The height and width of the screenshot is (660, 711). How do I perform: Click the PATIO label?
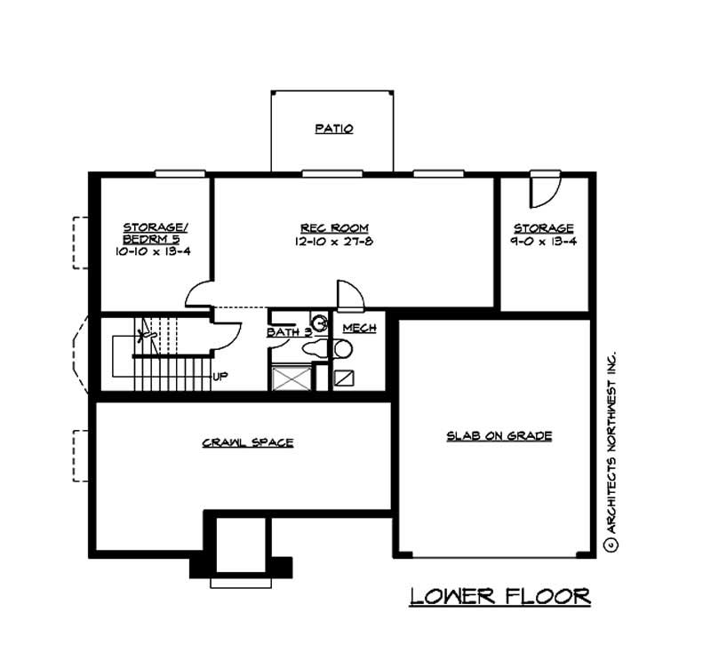[x=334, y=129]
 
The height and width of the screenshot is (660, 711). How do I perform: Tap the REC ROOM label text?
[x=334, y=228]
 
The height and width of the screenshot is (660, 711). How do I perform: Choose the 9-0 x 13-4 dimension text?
[x=544, y=241]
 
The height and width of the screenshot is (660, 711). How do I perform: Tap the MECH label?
[x=359, y=328]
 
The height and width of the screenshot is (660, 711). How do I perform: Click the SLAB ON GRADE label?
[x=499, y=435]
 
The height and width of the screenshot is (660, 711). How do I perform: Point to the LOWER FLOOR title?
[x=499, y=596]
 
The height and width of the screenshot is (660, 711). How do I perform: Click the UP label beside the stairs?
[x=220, y=376]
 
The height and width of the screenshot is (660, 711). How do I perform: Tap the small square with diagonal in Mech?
[x=344, y=378]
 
